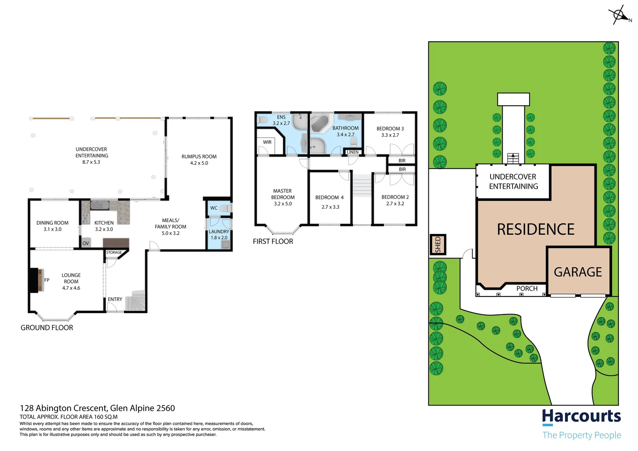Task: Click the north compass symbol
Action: [x=620, y=15]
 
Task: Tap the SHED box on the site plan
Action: [x=438, y=245]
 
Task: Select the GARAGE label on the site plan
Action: [x=578, y=272]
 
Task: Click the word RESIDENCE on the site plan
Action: [x=536, y=229]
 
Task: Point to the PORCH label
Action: [x=527, y=289]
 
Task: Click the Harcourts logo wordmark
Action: [x=581, y=417]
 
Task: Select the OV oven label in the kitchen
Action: [x=86, y=243]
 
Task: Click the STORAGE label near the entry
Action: [x=114, y=253]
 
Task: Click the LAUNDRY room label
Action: [x=219, y=232]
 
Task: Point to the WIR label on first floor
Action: [x=267, y=142]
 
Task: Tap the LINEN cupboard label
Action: [x=353, y=152]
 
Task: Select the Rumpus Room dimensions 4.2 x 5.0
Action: [x=199, y=163]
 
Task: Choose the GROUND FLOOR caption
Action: [x=47, y=328]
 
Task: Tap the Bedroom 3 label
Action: [x=390, y=129]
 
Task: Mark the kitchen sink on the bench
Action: [x=100, y=205]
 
